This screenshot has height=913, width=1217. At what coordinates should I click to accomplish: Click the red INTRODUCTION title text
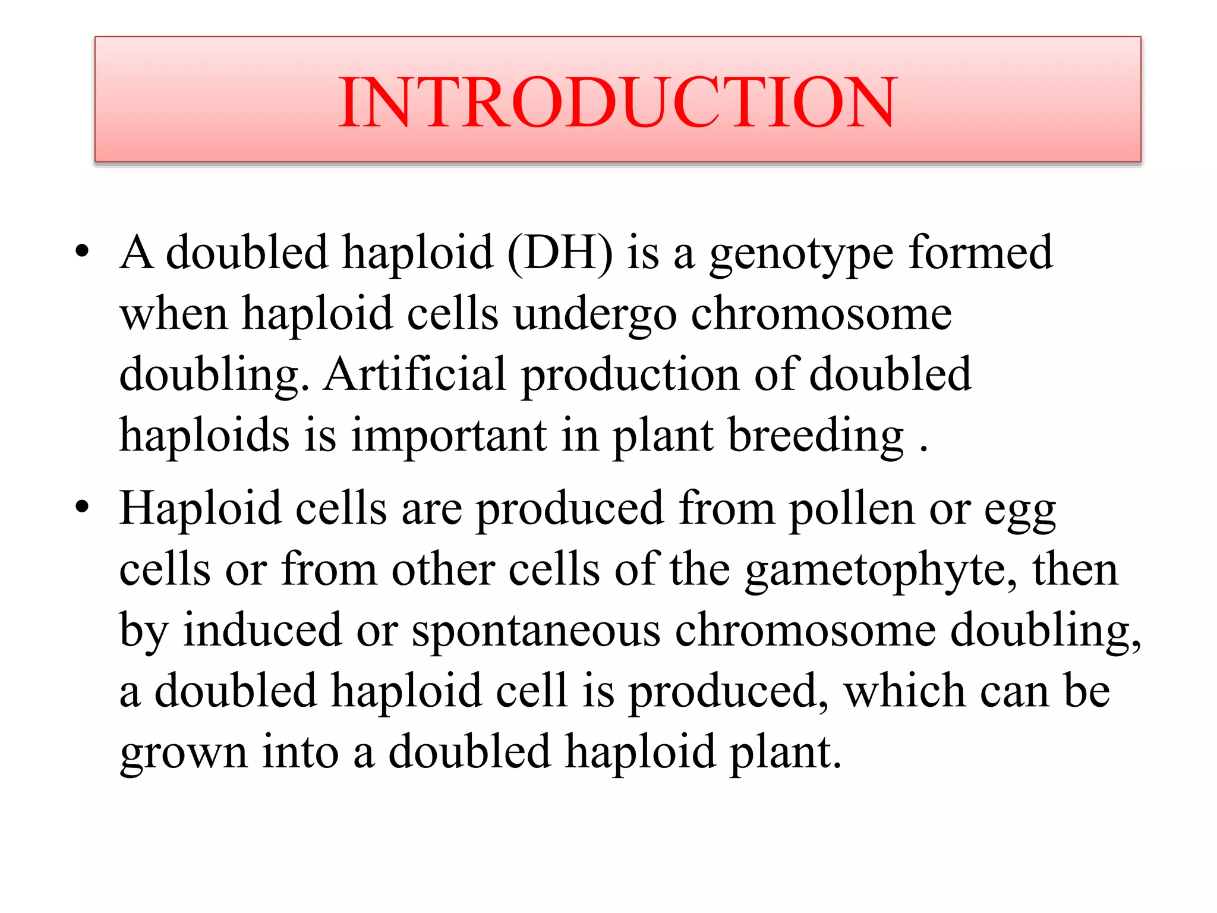[x=617, y=102]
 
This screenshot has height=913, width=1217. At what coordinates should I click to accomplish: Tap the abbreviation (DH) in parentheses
[x=560, y=253]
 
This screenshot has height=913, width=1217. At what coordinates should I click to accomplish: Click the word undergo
[x=595, y=315]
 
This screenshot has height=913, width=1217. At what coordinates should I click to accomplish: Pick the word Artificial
[x=414, y=375]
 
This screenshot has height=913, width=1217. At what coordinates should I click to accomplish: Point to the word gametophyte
[x=880, y=571]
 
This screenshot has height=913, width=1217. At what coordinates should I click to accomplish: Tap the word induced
[x=262, y=630]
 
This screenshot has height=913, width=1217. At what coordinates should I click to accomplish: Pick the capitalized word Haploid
[x=200, y=509]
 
